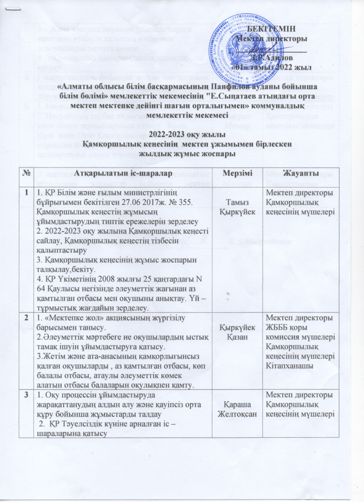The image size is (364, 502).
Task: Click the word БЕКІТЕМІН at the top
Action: click(x=276, y=29)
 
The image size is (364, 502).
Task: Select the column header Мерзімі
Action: click(x=237, y=173)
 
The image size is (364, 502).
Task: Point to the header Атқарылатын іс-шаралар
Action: click(x=123, y=173)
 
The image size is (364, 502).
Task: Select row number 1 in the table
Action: click(x=26, y=193)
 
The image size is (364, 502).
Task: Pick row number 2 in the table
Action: click(x=26, y=318)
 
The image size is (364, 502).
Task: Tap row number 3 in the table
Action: click(x=26, y=395)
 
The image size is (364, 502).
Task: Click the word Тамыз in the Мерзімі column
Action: click(x=237, y=202)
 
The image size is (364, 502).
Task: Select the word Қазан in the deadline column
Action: click(x=237, y=337)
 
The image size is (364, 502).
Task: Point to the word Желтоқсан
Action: click(x=238, y=414)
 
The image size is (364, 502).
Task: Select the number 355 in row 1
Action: click(x=185, y=202)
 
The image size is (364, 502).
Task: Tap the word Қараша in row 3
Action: click(x=237, y=404)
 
